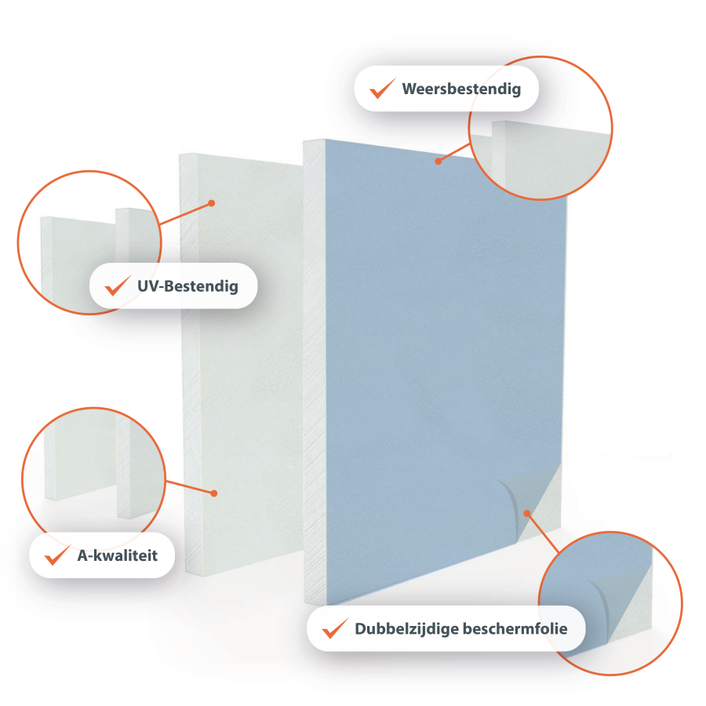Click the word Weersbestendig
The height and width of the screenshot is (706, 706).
pyautogui.click(x=461, y=89)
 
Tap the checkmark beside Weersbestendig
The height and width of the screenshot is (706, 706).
pyautogui.click(x=382, y=88)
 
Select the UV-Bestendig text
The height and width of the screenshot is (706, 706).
pyautogui.click(x=187, y=286)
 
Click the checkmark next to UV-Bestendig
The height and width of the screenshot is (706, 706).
pyautogui.click(x=118, y=286)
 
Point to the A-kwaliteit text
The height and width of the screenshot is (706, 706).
pyautogui.click(x=118, y=555)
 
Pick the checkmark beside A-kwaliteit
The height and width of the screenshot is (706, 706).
pyautogui.click(x=57, y=555)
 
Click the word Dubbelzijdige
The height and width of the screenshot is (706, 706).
pyautogui.click(x=406, y=629)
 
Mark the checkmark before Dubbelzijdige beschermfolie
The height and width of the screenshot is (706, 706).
pyautogui.click(x=335, y=628)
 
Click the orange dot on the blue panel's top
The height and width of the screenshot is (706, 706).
pyautogui.click(x=438, y=161)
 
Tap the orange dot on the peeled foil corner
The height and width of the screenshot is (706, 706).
pyautogui.click(x=527, y=513)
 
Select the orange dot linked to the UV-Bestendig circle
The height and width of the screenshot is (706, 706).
pyautogui.click(x=212, y=203)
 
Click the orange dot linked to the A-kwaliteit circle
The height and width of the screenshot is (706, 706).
pyautogui.click(x=214, y=493)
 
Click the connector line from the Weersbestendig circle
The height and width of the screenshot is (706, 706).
pyautogui.click(x=454, y=152)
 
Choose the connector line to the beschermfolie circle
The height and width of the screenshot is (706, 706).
pyautogui.click(x=543, y=533)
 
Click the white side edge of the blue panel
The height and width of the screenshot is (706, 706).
pyautogui.click(x=315, y=372)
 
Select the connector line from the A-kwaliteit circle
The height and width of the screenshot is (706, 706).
pyautogui.click(x=190, y=487)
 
